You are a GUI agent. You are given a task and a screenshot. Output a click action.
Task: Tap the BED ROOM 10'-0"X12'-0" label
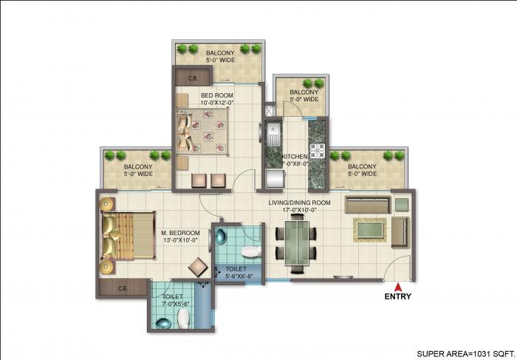[219, 99]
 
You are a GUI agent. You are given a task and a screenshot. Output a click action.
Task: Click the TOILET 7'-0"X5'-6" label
[177, 301]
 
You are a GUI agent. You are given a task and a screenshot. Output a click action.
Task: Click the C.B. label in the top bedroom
[191, 77]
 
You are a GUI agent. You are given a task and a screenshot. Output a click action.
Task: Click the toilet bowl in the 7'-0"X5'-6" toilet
[185, 318]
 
